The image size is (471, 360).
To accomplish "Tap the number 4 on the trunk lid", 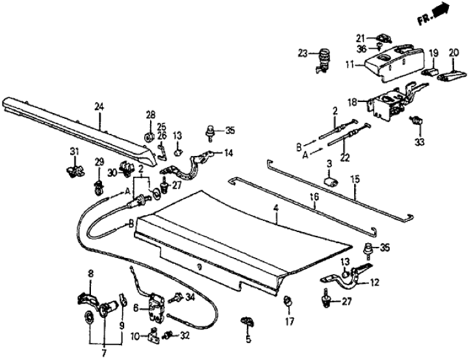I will click(275, 209).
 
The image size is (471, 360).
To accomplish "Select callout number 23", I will click(303, 53).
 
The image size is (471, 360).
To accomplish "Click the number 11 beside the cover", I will click(350, 65).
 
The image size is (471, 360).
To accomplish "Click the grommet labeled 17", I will click(287, 300).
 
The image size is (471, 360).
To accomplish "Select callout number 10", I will click(134, 335).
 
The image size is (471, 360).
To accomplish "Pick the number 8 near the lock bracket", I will click(91, 275).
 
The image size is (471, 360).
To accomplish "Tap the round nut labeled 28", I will click(149, 137).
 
